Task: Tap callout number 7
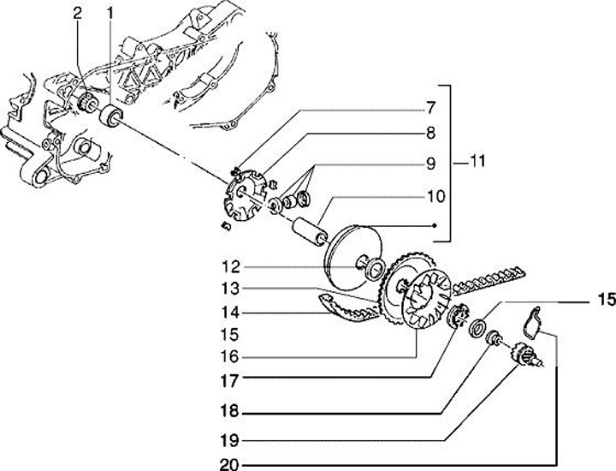[431, 108]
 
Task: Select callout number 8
[431, 134]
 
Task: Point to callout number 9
[431, 163]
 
